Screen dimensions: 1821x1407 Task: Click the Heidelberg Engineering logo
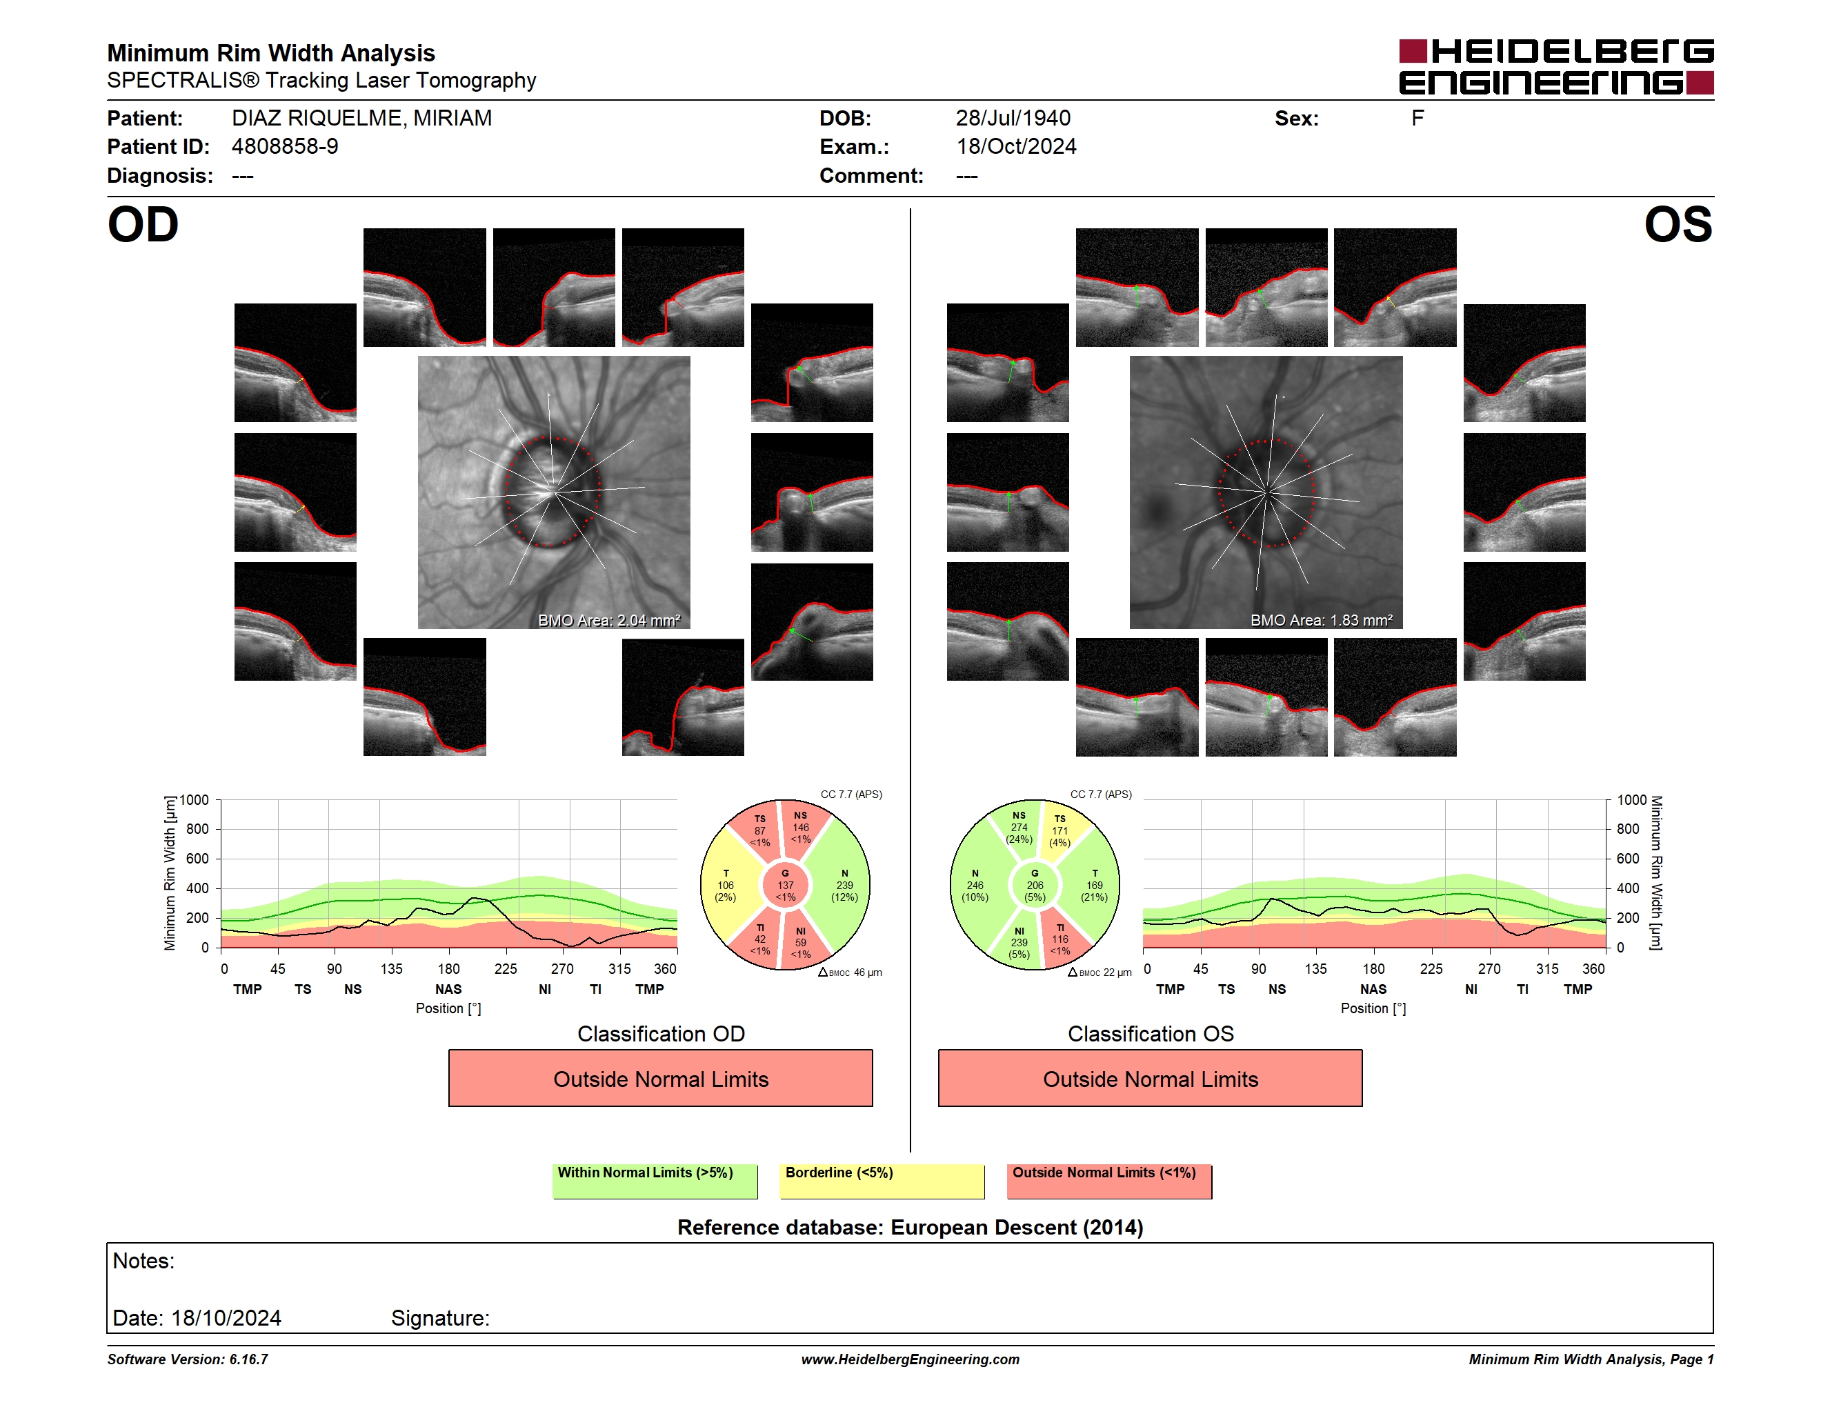click(x=1556, y=67)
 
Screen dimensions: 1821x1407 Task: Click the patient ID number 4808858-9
click(x=285, y=147)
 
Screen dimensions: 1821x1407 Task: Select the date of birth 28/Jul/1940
click(x=1013, y=119)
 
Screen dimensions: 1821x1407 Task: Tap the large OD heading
click(x=143, y=225)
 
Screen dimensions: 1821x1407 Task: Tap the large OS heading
click(x=1678, y=225)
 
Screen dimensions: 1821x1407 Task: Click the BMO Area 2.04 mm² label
click(x=608, y=620)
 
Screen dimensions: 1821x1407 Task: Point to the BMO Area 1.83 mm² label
click(x=1322, y=620)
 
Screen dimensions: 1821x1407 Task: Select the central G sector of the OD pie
click(x=784, y=885)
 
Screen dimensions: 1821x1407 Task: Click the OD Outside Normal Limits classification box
click(x=660, y=1079)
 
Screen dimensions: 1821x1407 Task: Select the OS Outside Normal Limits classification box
click(x=1150, y=1079)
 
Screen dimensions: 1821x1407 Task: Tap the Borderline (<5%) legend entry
click(x=882, y=1181)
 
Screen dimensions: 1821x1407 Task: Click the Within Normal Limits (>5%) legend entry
click(x=655, y=1181)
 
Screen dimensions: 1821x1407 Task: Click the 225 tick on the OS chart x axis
click(x=1431, y=968)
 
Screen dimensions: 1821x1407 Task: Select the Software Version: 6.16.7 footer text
click(x=188, y=1359)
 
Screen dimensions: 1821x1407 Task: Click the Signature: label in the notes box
click(x=440, y=1318)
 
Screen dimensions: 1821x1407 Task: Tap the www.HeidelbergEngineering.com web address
click(x=910, y=1359)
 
